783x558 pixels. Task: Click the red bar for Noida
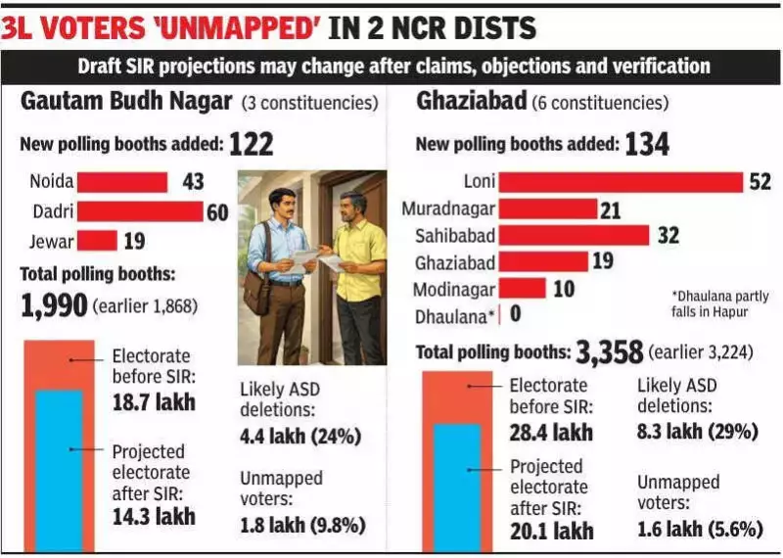click(x=122, y=182)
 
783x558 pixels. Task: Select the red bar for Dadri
click(x=140, y=211)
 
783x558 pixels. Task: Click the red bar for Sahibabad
click(x=576, y=235)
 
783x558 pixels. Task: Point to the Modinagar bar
click(x=524, y=289)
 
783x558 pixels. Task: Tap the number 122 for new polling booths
click(x=251, y=145)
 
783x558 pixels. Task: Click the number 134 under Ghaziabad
click(x=647, y=145)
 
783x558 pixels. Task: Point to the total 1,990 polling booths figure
click(x=53, y=305)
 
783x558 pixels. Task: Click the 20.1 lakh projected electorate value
click(x=550, y=531)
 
